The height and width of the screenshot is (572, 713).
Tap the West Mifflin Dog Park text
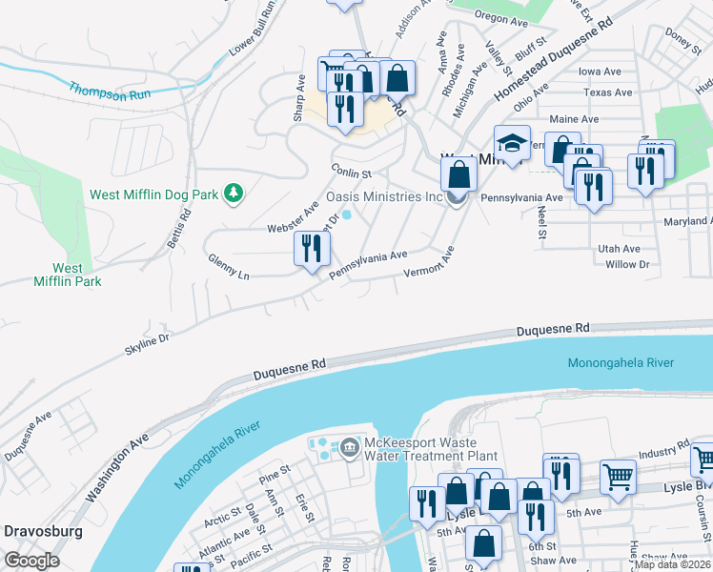[153, 194]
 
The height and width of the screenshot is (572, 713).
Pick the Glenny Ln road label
[228, 268]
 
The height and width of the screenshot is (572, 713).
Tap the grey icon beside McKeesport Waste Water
[348, 446]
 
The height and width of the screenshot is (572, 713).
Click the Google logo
[31, 560]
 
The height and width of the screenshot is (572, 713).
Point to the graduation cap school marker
[512, 144]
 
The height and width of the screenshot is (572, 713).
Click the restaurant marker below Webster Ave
[312, 250]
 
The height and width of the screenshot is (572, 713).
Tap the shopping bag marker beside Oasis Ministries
[459, 174]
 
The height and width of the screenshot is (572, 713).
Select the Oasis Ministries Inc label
[385, 196]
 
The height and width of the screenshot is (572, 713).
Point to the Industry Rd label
[663, 449]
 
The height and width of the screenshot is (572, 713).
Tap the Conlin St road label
[351, 171]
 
